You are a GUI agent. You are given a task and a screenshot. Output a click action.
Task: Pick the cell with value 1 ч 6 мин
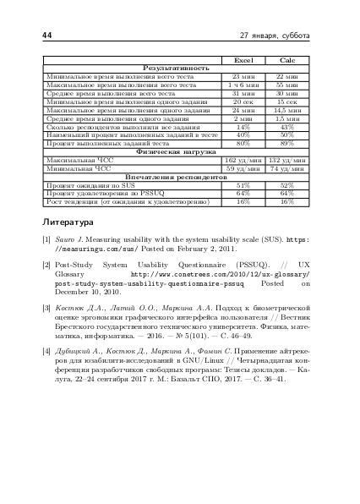[243, 85]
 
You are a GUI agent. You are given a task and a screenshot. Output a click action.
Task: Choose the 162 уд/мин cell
[243, 159]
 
